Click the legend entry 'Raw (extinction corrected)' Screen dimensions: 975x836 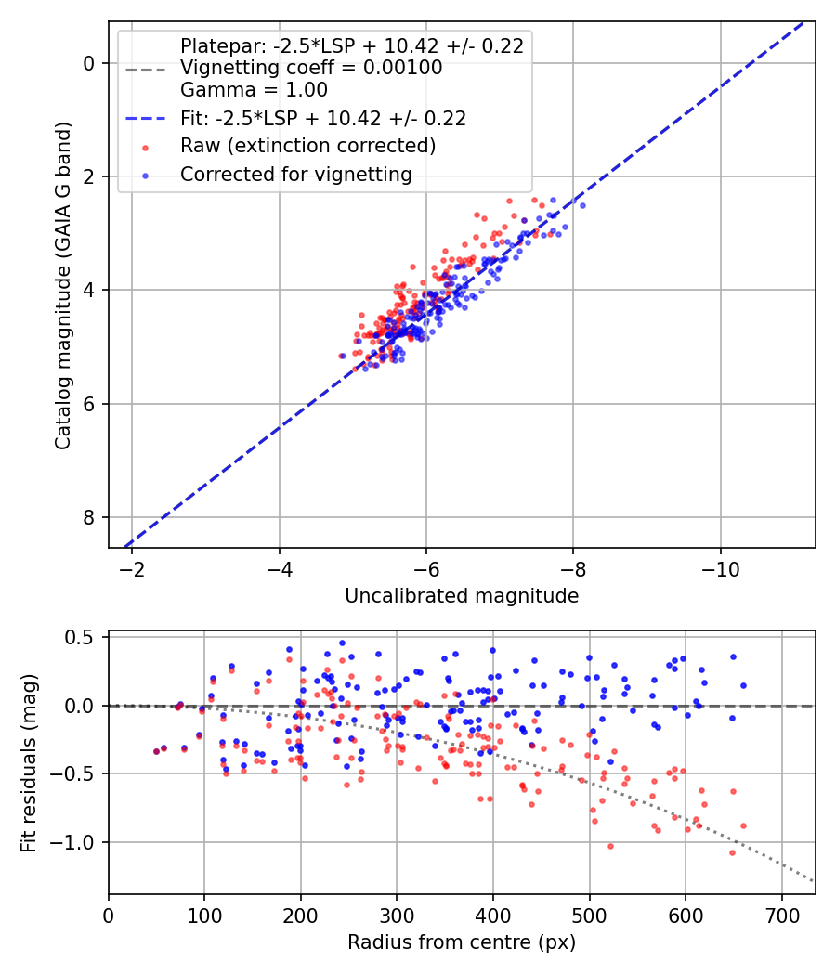307,146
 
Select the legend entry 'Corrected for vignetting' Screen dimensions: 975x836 295,174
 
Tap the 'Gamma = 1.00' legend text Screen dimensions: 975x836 254,90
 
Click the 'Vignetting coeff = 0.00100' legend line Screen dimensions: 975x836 310,68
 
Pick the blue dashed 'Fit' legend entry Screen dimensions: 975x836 322,118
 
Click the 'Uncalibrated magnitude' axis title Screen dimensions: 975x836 462,596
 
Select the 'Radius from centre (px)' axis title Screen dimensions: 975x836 462,942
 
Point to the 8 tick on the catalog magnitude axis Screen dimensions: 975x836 89,517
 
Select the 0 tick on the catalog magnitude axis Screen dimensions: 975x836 89,63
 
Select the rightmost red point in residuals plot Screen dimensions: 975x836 743,825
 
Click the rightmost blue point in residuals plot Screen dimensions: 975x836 743,685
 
